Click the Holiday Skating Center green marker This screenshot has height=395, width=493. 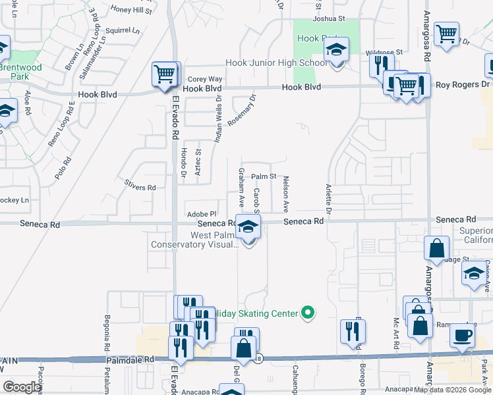click(306, 313)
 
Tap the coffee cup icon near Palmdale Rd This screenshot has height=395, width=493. click(462, 335)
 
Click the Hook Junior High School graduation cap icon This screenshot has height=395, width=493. click(336, 50)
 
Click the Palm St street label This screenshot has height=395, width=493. click(263, 176)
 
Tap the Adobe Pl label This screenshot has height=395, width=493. click(202, 214)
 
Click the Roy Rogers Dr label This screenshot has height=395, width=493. click(463, 84)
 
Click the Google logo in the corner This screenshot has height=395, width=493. click(22, 387)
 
